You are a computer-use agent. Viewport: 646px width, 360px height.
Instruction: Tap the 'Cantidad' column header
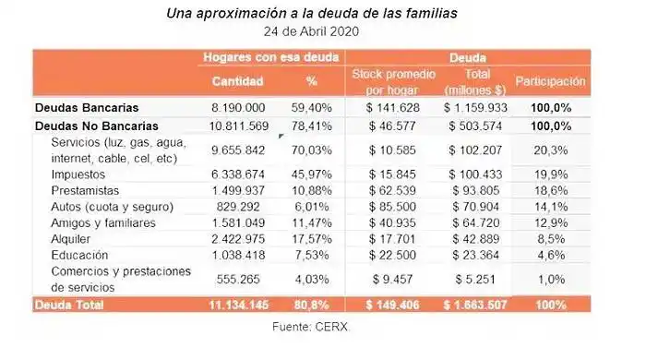point(238,81)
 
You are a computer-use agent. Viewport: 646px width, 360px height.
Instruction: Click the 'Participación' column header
point(550,81)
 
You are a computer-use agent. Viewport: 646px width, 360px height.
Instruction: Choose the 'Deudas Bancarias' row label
point(87,107)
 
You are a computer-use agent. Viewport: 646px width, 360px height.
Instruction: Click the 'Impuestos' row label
point(79,173)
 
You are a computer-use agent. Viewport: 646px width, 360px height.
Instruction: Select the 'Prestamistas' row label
point(85,189)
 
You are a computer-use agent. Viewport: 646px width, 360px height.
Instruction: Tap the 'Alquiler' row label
point(73,238)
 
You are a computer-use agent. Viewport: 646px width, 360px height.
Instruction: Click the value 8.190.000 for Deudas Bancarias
point(239,107)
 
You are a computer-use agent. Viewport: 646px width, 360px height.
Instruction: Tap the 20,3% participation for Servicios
point(550,149)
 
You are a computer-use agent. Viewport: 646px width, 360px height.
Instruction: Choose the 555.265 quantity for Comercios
point(239,279)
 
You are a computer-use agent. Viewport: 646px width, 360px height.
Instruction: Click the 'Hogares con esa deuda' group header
point(269,57)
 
